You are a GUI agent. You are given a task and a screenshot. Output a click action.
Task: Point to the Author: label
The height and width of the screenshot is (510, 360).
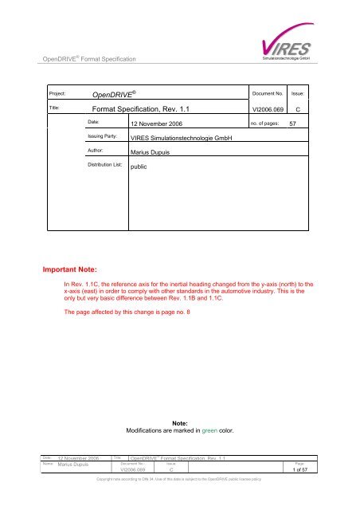pos(97,151)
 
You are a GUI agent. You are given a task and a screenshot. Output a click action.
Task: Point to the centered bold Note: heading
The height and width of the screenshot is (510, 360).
pos(180,422)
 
